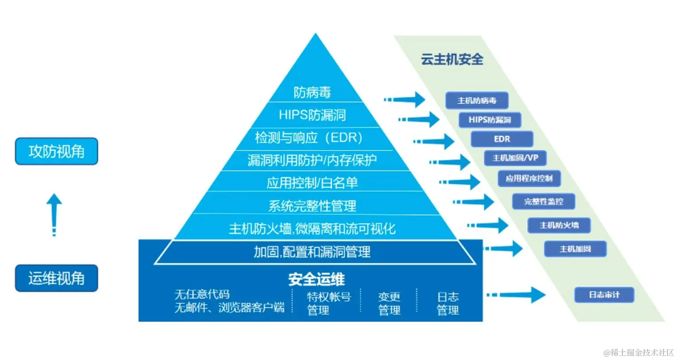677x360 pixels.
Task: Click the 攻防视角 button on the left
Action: click(56, 151)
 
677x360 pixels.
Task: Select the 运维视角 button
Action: click(56, 278)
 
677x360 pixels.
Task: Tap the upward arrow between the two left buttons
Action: click(54, 214)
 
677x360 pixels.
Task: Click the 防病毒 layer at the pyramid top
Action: click(312, 92)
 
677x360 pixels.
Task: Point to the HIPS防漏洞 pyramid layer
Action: click(312, 115)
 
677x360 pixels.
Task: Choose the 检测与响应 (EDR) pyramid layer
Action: click(309, 138)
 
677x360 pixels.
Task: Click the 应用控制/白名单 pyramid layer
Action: click(312, 182)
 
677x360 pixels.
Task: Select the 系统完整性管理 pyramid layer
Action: click(312, 205)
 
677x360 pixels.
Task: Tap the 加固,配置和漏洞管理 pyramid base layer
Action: click(312, 252)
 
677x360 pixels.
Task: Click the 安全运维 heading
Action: click(316, 279)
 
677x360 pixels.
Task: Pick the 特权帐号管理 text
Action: click(328, 303)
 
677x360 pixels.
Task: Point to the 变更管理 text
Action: click(389, 303)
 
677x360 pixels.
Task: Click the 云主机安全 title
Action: click(452, 59)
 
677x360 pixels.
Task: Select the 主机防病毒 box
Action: click(477, 101)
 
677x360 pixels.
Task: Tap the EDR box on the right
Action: click(502, 139)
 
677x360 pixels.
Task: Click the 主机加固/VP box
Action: click(515, 158)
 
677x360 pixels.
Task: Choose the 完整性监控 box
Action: click(544, 201)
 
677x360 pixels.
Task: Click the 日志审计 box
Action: click(604, 295)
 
